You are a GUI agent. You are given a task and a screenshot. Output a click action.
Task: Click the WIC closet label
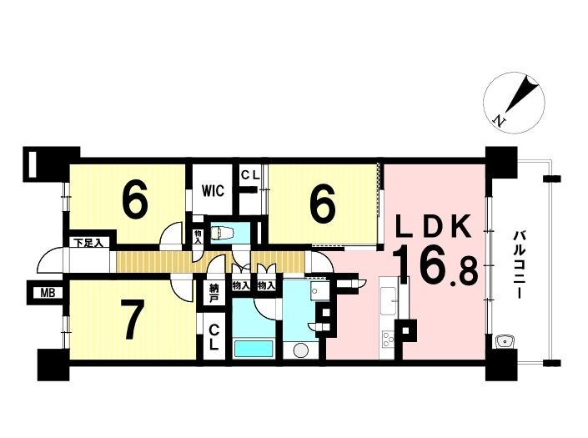click(214, 190)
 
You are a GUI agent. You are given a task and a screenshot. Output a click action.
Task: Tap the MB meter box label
click(48, 293)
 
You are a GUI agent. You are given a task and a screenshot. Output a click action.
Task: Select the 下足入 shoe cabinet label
click(88, 243)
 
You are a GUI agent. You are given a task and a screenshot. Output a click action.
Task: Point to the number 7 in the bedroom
click(133, 320)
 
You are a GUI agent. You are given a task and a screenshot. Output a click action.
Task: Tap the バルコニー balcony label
click(519, 264)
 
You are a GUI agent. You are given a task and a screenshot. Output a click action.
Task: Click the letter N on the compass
click(499, 120)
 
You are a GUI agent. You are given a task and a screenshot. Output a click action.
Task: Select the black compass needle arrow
click(521, 94)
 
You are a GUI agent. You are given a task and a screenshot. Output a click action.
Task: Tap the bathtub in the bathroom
click(254, 349)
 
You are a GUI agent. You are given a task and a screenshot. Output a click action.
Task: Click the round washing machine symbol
click(301, 350)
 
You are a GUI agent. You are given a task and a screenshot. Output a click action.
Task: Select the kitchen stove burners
click(387, 340)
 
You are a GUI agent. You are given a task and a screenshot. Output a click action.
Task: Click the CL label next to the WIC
click(249, 176)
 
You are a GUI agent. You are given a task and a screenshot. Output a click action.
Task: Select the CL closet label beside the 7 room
click(214, 337)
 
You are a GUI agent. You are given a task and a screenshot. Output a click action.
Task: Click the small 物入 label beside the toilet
click(197, 237)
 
